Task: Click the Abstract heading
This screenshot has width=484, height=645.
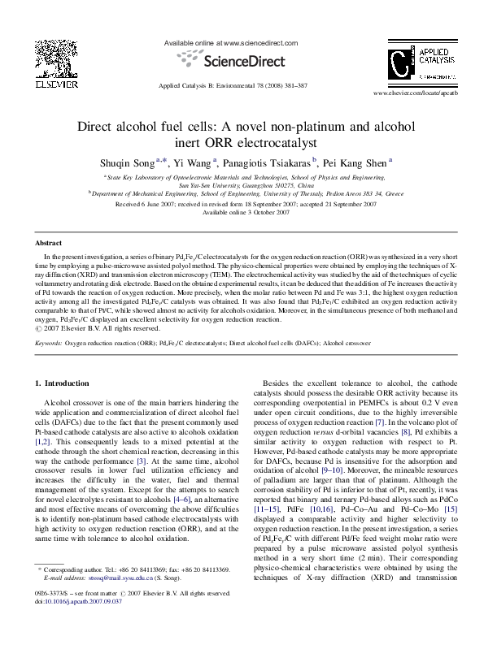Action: pyautogui.click(x=48, y=243)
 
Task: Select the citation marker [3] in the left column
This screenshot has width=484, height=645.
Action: pyautogui.click(x=141, y=461)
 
